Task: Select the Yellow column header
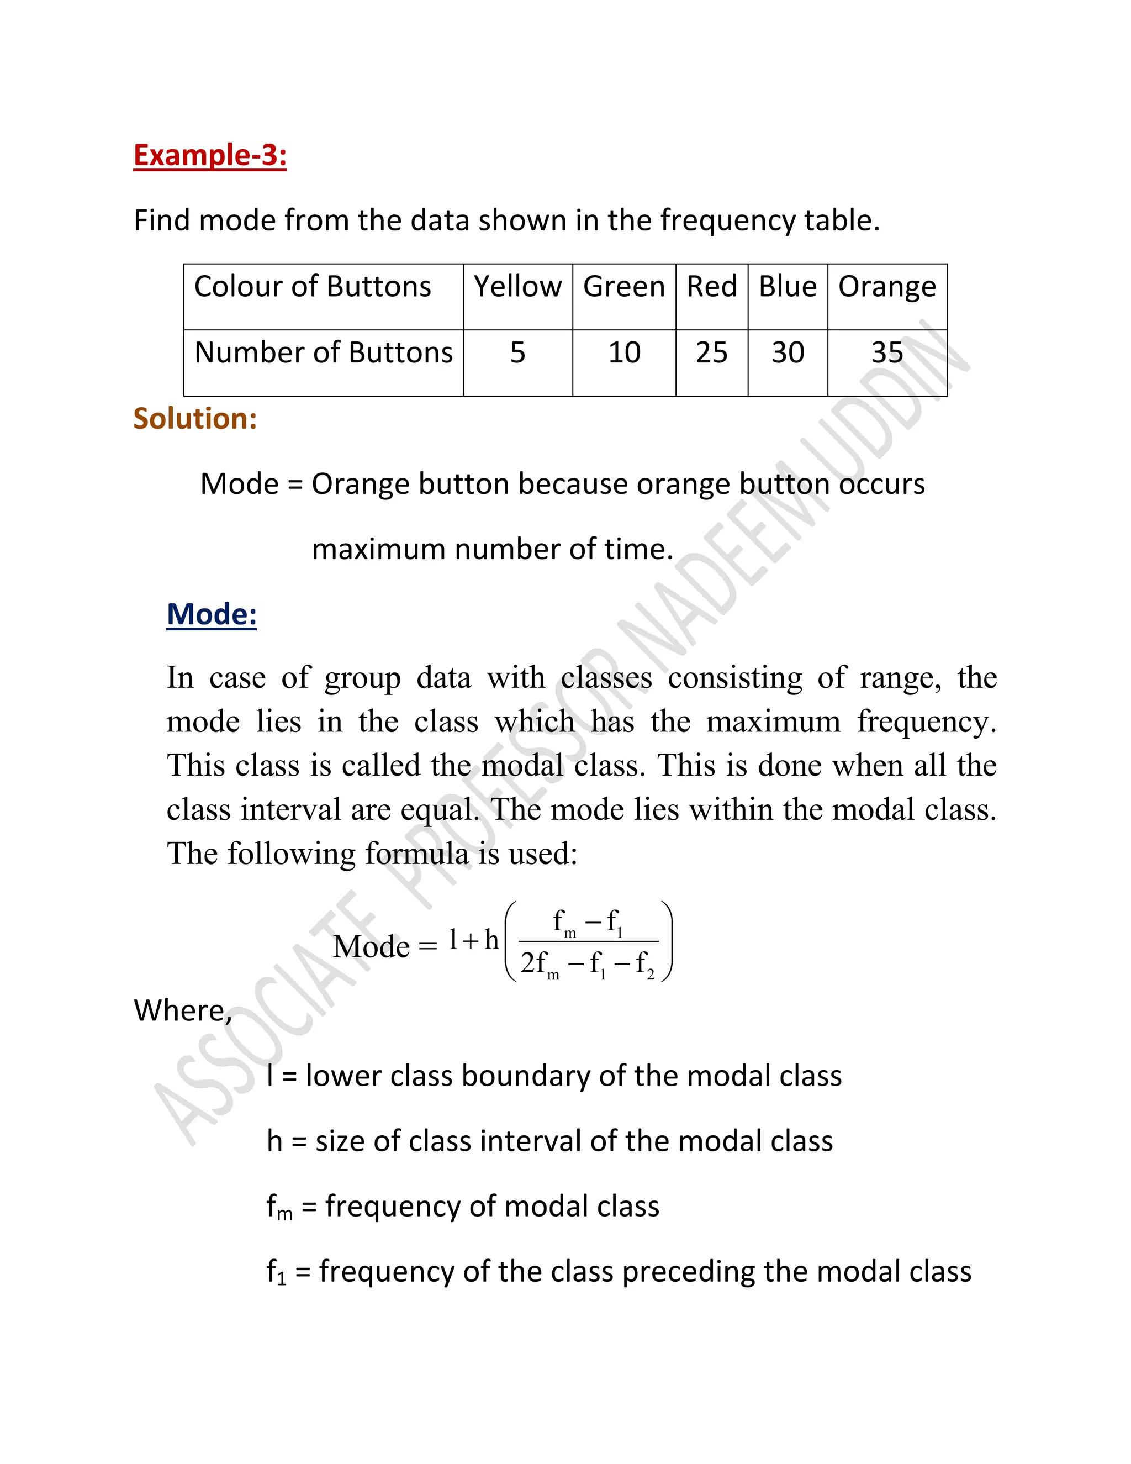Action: click(517, 287)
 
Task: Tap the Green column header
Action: click(624, 287)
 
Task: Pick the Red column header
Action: click(711, 287)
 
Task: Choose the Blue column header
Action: click(788, 287)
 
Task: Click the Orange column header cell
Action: click(886, 287)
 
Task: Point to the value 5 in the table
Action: click(517, 352)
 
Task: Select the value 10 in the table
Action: click(624, 352)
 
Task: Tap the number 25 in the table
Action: click(711, 352)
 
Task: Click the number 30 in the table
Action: click(788, 352)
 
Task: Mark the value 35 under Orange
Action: click(886, 352)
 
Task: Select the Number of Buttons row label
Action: click(323, 352)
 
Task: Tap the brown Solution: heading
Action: click(195, 418)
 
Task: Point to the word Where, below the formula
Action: click(182, 1010)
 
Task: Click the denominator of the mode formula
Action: click(588, 965)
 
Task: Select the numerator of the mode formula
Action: click(588, 923)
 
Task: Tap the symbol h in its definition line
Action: click(274, 1141)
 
